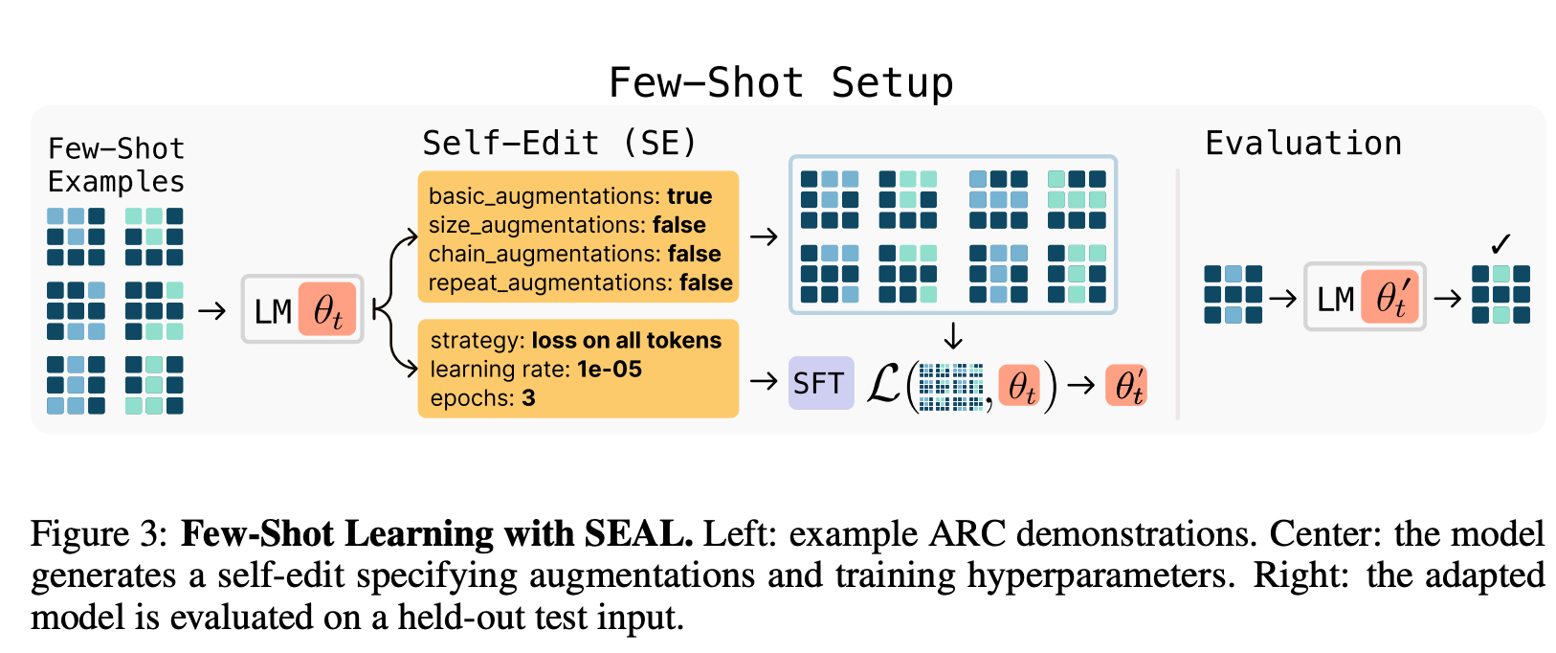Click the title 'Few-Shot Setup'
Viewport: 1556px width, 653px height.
781,82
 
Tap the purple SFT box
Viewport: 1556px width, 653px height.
820,383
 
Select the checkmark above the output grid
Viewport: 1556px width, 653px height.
1500,244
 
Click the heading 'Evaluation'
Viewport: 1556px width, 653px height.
1302,144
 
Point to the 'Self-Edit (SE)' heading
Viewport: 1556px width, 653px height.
560,144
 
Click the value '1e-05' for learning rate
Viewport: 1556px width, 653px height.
610,370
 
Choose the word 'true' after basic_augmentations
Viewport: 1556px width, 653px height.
690,196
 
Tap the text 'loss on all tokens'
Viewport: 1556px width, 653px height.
627,341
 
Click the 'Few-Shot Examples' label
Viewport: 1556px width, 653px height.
116,165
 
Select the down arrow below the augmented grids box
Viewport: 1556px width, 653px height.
953,336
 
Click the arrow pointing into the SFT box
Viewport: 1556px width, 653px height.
764,382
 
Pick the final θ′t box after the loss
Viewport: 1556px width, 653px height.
1126,386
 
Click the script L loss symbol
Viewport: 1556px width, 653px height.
883,384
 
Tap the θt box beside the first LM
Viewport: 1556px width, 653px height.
327,310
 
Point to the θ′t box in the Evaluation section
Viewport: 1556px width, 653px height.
1390,299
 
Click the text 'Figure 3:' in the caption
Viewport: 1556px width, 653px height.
100,533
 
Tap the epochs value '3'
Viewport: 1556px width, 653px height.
528,398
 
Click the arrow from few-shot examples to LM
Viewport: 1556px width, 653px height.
211,310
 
